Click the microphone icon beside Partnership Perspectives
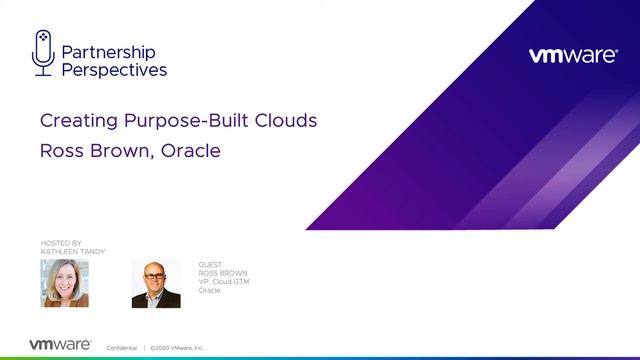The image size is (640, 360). [42, 52]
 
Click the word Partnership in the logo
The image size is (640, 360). [108, 52]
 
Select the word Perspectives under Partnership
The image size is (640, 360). [114, 70]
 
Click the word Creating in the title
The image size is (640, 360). [75, 121]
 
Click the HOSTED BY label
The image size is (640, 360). [59, 243]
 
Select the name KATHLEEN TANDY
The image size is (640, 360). [71, 251]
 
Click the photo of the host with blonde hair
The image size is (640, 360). [64, 283]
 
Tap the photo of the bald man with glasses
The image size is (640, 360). [155, 283]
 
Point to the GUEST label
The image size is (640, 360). [210, 265]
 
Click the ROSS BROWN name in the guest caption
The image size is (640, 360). [223, 273]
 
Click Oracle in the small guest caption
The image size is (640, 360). [209, 290]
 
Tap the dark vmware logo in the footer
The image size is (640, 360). [60, 344]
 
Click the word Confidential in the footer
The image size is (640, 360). [122, 347]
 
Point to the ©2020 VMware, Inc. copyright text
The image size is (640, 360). [176, 347]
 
